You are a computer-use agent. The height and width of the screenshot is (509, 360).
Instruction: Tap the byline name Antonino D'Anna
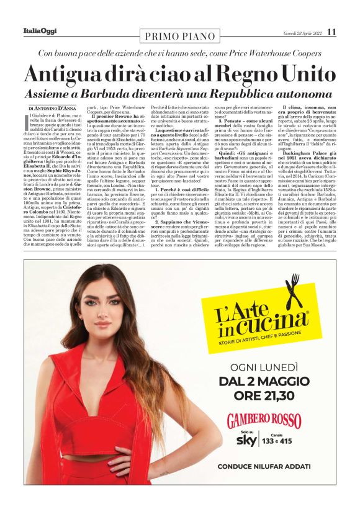(61, 109)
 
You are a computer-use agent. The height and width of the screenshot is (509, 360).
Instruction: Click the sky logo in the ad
(250, 440)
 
